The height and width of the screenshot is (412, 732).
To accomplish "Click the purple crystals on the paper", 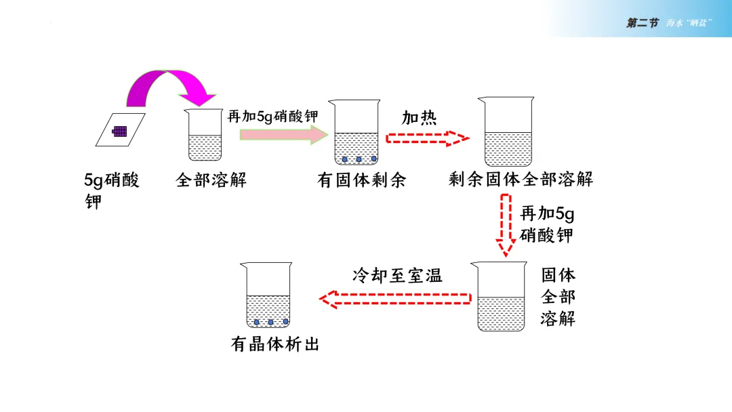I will coord(120,131).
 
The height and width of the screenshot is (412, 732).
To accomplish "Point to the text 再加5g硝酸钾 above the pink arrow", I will coord(272,116).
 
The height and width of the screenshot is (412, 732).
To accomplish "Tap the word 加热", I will coord(419,118).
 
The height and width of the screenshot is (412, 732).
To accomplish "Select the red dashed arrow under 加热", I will coord(427,139).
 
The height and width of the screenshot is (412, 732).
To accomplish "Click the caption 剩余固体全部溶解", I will coord(521,180).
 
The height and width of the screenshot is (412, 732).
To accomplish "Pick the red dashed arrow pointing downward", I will coord(504,225).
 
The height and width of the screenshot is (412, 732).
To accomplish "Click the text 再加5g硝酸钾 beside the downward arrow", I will coord(547,224).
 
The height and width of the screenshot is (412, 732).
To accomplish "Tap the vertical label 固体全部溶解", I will coord(558,296).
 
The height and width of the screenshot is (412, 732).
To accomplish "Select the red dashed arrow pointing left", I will coord(395,298).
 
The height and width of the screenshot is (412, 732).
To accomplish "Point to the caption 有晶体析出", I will coord(274,344).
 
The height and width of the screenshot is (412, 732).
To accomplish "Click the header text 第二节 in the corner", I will coord(642,23).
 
